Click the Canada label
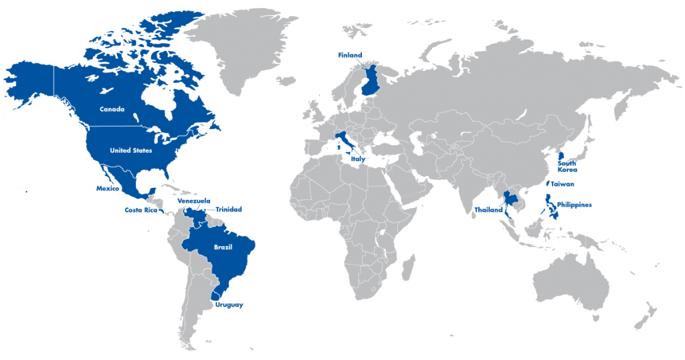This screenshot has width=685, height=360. pyautogui.click(x=112, y=109)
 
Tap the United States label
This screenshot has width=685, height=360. pyautogui.click(x=131, y=151)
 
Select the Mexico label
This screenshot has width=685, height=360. pyautogui.click(x=107, y=189)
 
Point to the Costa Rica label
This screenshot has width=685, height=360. pyautogui.click(x=140, y=210)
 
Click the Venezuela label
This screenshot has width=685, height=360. pyautogui.click(x=194, y=201)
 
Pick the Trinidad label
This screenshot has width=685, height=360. pyautogui.click(x=228, y=209)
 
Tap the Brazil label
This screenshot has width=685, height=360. pyautogui.click(x=223, y=248)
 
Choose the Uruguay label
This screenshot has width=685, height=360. pyautogui.click(x=229, y=305)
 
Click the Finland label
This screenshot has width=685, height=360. pyautogui.click(x=351, y=55)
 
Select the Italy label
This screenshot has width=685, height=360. pyautogui.click(x=358, y=160)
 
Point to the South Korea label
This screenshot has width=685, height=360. pyautogui.click(x=567, y=167)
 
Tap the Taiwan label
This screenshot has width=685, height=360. pyautogui.click(x=563, y=184)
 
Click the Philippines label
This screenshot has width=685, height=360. pyautogui.click(x=574, y=205)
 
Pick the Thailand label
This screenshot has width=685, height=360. pyautogui.click(x=488, y=210)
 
